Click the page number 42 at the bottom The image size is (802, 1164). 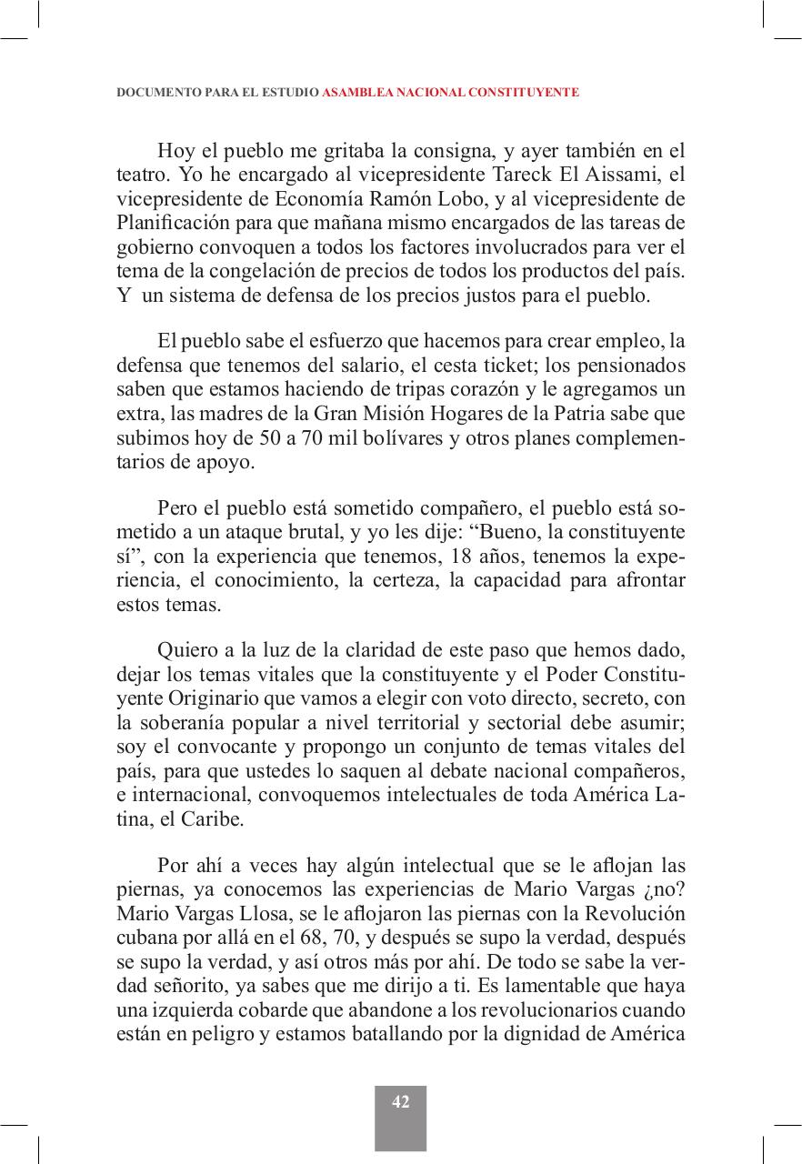click(400, 1102)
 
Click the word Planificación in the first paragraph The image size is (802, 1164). click(167, 224)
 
